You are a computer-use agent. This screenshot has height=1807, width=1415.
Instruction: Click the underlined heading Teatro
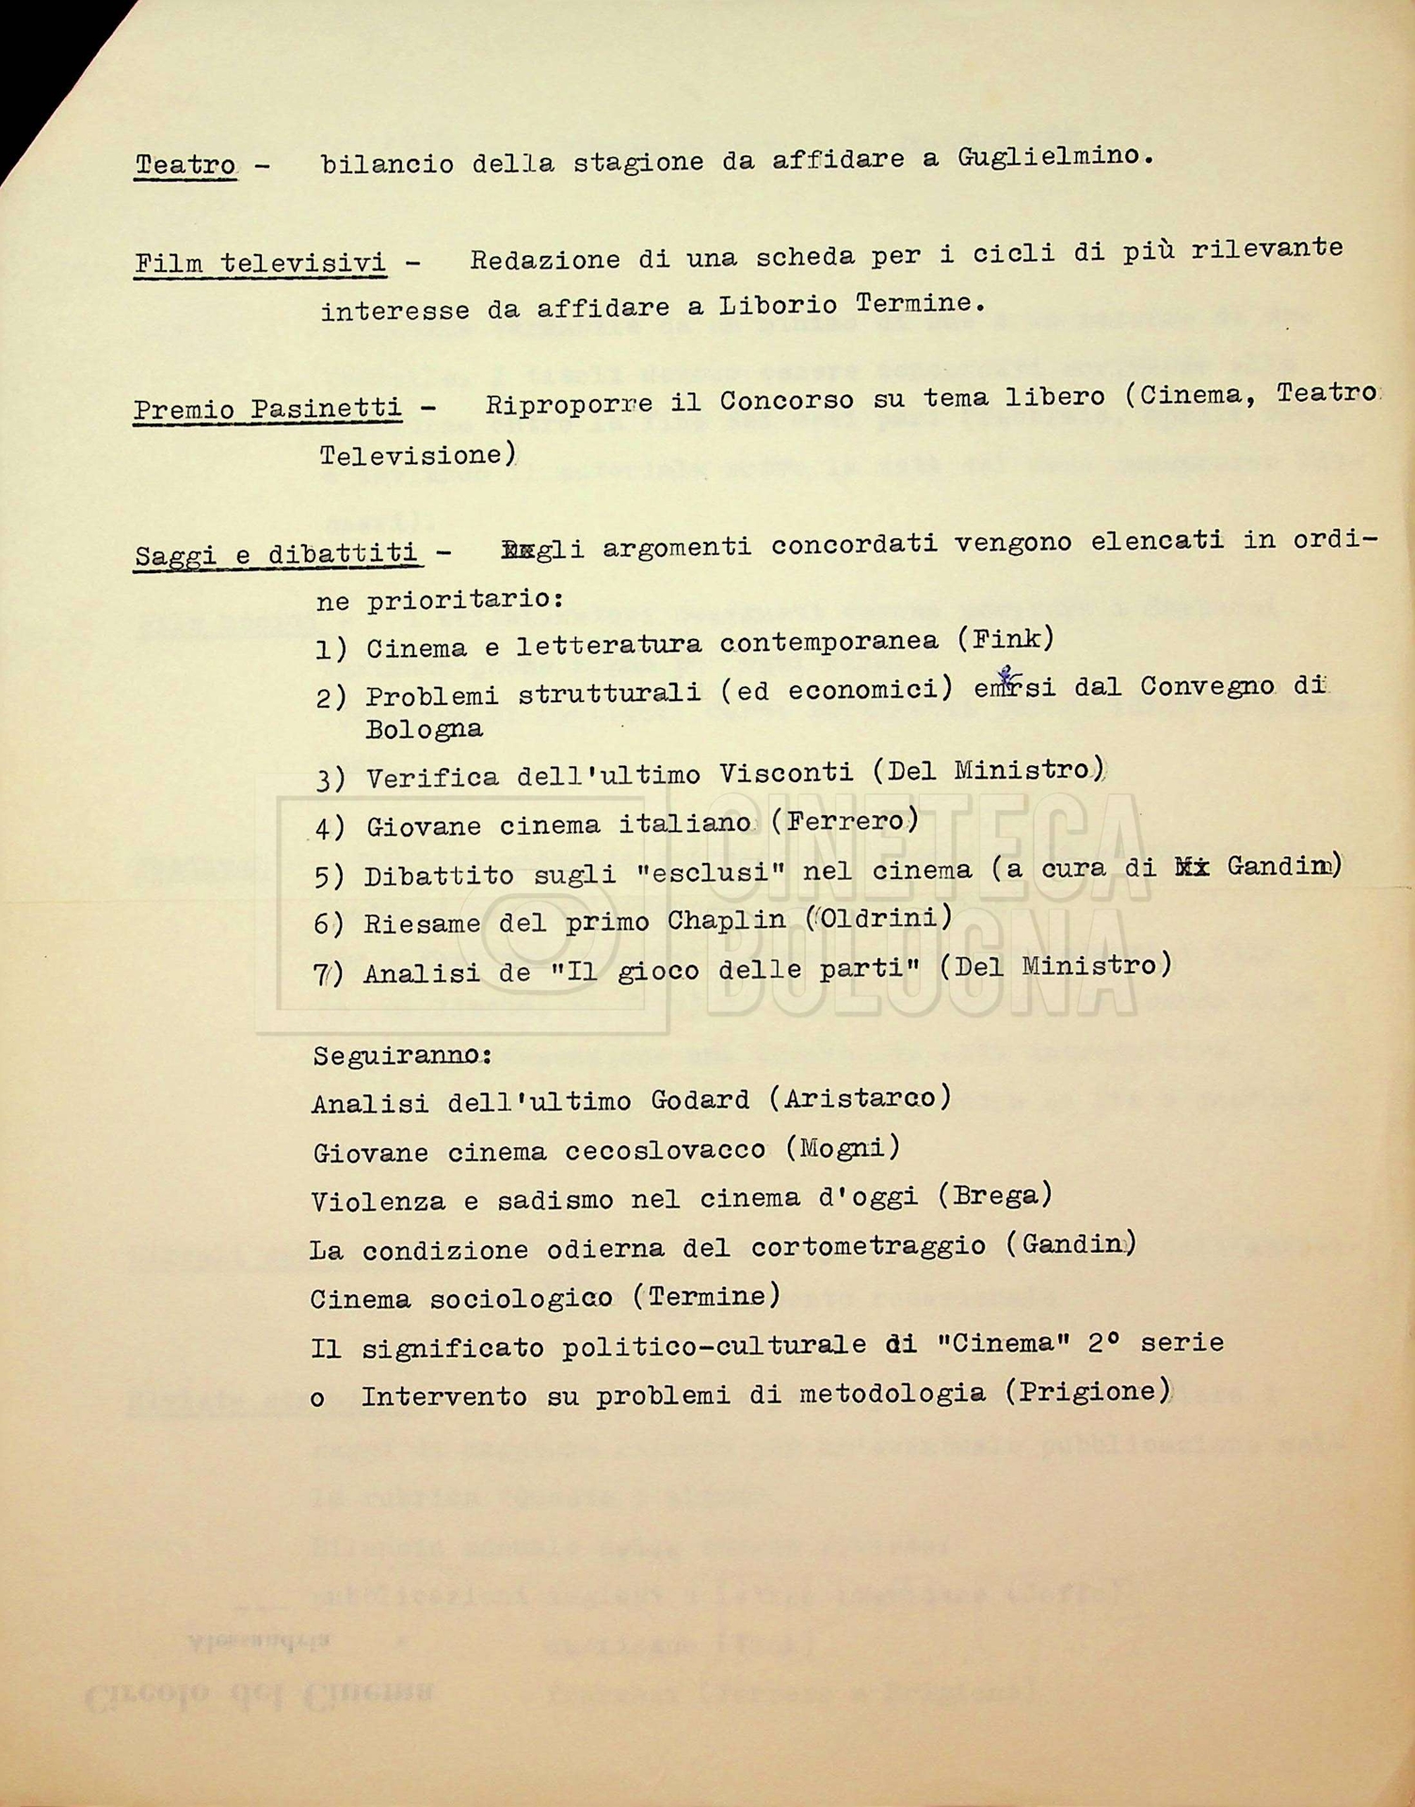(185, 166)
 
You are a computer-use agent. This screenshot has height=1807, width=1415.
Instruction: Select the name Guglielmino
(1053, 157)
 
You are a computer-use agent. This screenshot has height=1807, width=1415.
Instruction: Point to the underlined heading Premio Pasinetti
(267, 409)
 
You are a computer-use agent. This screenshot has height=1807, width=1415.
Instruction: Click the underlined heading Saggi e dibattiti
(276, 555)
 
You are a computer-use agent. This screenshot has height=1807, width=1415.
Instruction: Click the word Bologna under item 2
(424, 729)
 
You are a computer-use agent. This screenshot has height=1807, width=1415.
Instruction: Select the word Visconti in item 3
(786, 774)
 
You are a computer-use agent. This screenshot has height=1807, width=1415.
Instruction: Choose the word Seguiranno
(402, 1055)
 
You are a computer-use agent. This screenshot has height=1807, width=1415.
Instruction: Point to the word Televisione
(414, 456)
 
